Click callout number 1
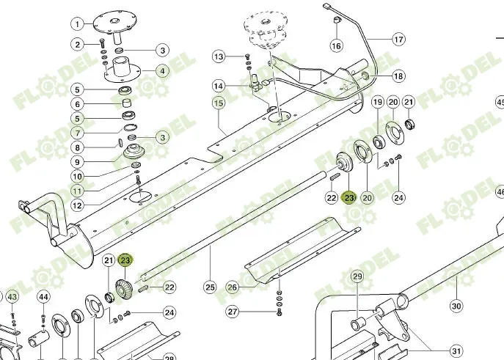coord(77,24)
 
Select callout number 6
coord(77,103)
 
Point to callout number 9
coord(77,161)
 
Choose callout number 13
coord(219,56)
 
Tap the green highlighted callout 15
coord(218,103)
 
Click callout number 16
coord(336,46)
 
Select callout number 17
coord(398,39)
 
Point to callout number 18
coord(398,76)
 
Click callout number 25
coord(210,287)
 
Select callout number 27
coord(233,312)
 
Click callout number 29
coord(357,276)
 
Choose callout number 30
coord(456,306)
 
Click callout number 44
coord(43,297)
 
